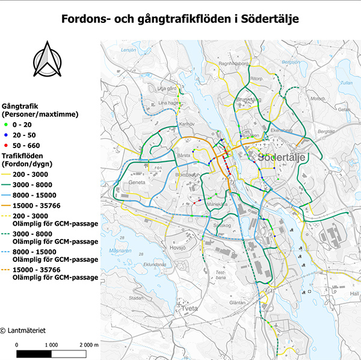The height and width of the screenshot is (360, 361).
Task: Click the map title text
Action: tap(180, 20)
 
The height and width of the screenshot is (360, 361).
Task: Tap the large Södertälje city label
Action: tap(283, 157)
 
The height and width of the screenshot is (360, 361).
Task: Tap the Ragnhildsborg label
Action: tap(234, 63)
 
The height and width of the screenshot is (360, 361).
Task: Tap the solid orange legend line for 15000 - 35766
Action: tap(11, 206)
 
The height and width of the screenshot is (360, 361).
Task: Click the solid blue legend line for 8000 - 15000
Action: tap(11, 195)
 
